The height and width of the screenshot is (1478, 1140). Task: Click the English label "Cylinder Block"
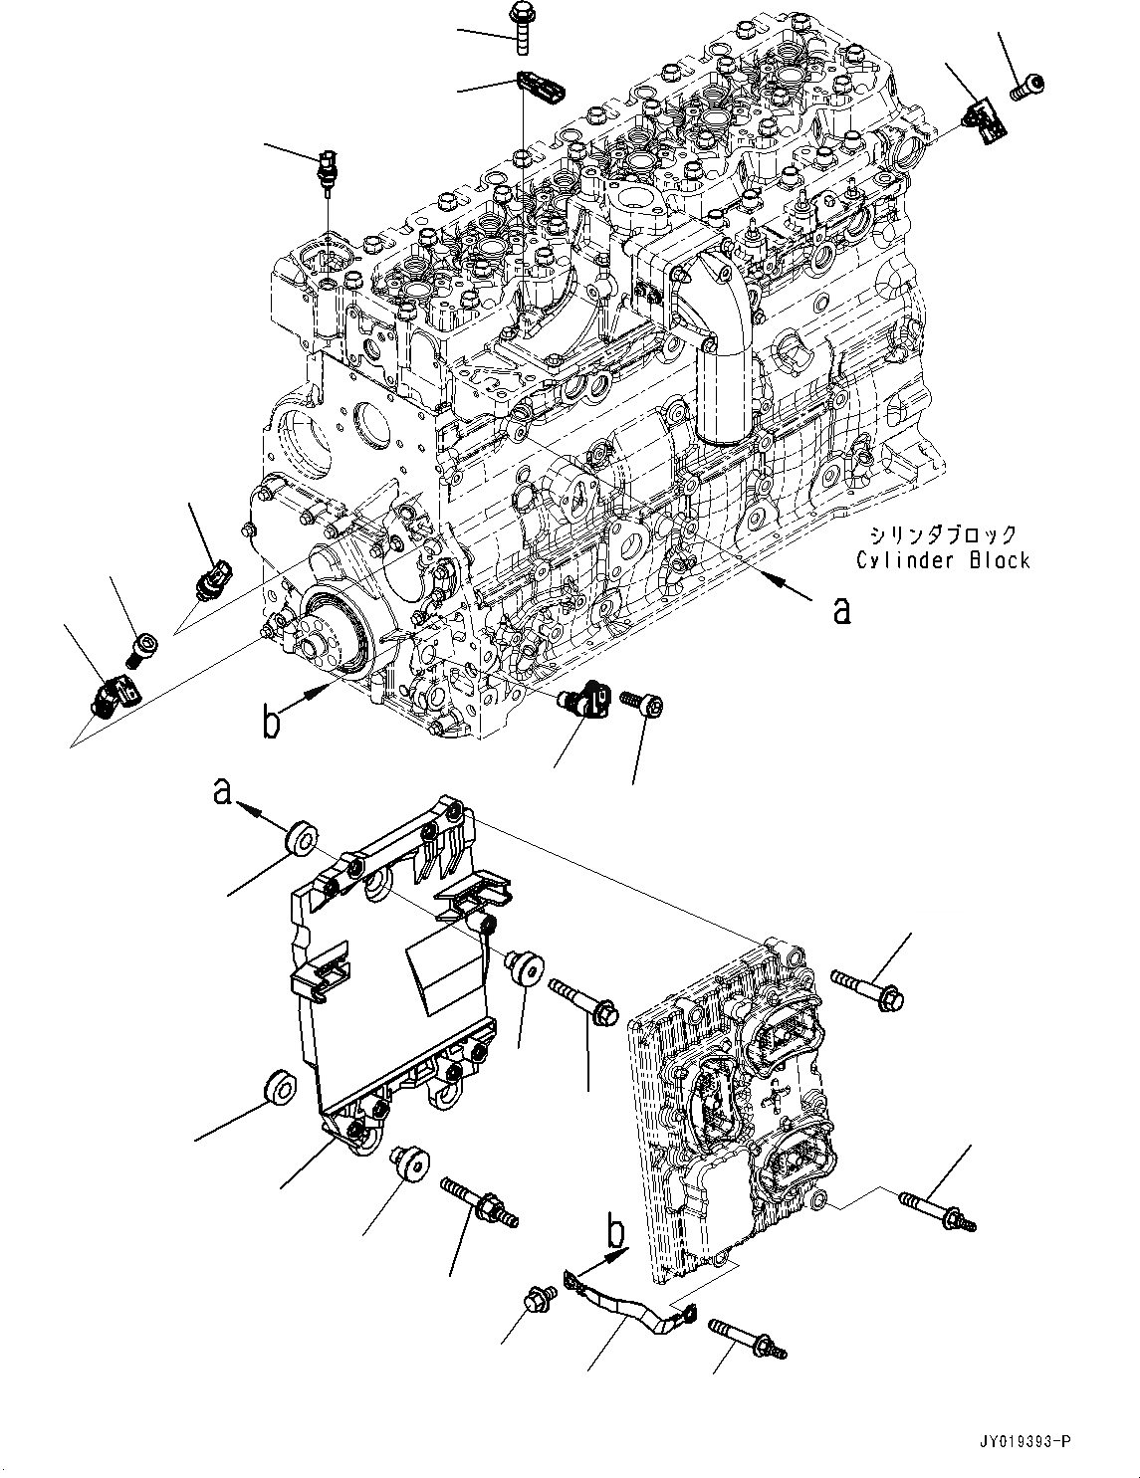point(943,560)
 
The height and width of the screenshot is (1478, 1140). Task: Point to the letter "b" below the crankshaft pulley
point(271,724)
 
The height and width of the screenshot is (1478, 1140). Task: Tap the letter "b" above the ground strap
point(617,1234)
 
